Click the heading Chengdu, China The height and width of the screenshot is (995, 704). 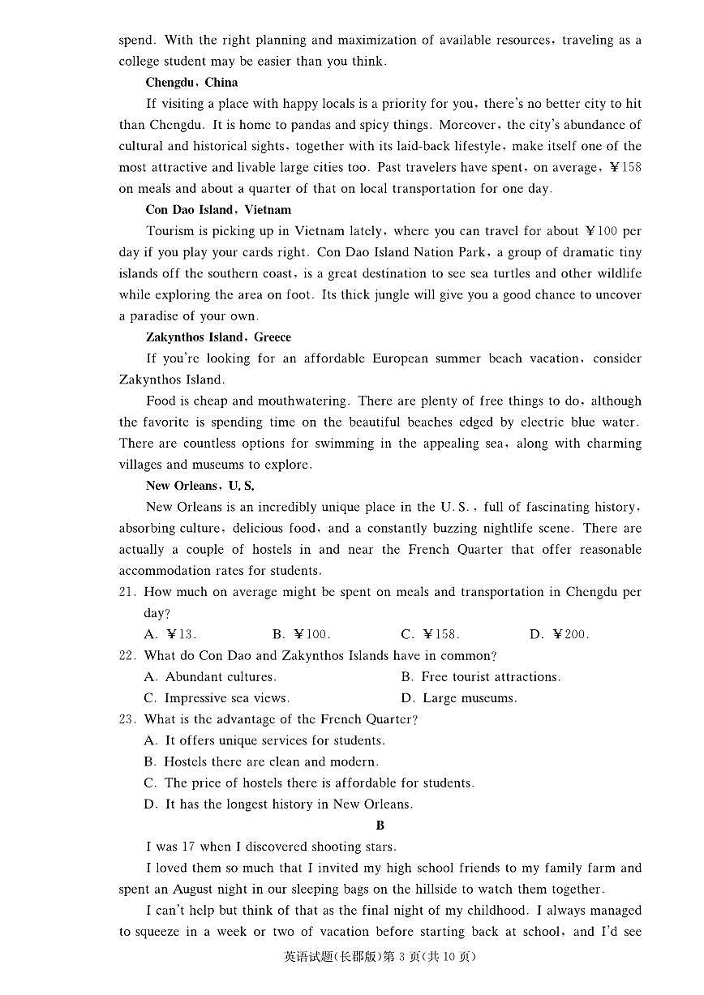click(191, 83)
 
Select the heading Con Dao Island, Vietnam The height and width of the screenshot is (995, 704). click(218, 210)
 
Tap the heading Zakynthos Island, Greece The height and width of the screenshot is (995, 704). click(218, 337)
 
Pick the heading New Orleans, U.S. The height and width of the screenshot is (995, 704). click(200, 486)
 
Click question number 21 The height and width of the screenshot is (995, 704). click(127, 592)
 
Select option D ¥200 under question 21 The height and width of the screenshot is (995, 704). click(559, 635)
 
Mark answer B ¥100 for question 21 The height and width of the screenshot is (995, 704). click(301, 635)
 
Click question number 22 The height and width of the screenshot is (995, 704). click(127, 656)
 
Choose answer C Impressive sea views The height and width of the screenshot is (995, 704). click(217, 698)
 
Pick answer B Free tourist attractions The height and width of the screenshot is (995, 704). click(480, 677)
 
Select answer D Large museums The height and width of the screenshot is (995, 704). click(458, 698)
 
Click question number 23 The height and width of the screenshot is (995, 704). click(127, 719)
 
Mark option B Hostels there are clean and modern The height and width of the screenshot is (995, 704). click(261, 762)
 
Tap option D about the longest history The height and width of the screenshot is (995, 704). click(278, 804)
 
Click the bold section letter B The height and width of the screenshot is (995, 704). click(380, 826)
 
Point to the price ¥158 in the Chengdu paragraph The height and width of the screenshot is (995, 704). click(625, 168)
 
